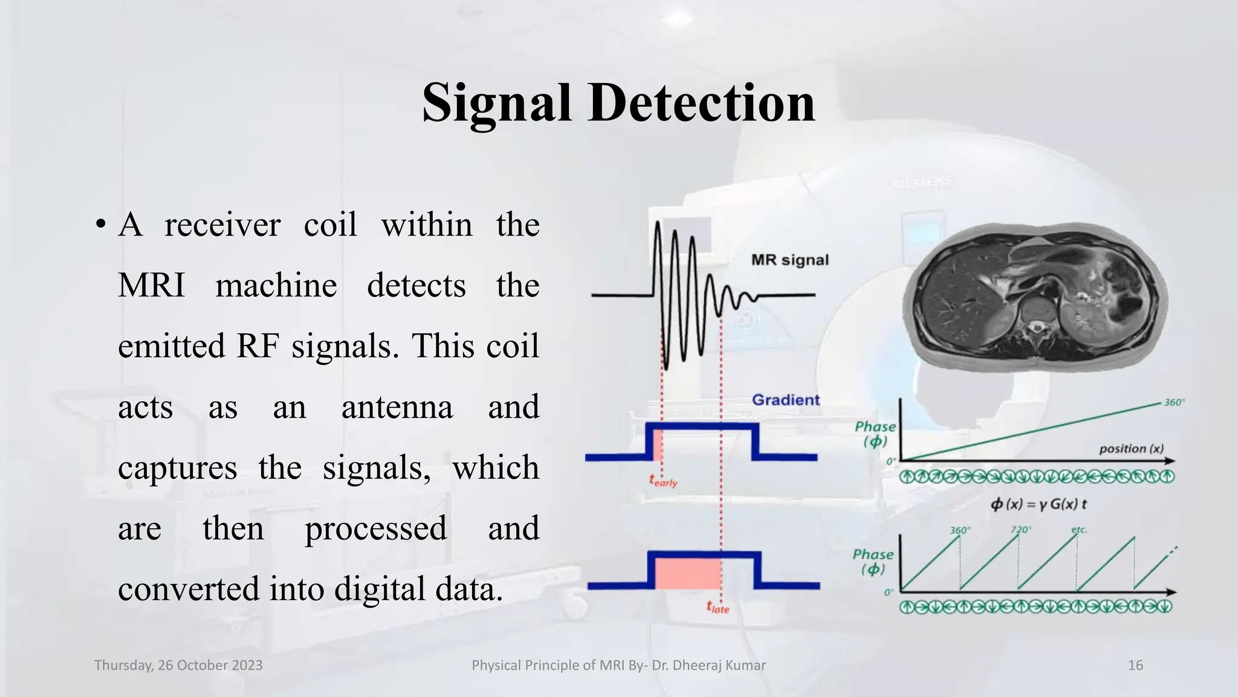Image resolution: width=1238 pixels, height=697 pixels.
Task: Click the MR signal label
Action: pyautogui.click(x=789, y=260)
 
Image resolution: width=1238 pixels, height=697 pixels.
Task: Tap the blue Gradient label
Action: pyautogui.click(x=785, y=400)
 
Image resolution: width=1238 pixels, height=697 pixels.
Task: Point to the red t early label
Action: pyautogui.click(x=663, y=482)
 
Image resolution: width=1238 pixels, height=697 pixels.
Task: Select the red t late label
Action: pyautogui.click(x=718, y=607)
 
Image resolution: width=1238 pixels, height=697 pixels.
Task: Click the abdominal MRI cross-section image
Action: pyautogui.click(x=1035, y=295)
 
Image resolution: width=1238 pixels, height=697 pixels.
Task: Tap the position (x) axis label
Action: pyautogui.click(x=1130, y=448)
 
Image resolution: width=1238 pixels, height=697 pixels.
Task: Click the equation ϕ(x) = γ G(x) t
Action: pyautogui.click(x=1039, y=504)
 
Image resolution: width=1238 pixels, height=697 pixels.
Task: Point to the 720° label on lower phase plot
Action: pyautogui.click(x=1020, y=529)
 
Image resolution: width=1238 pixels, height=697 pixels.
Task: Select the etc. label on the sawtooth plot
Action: pyautogui.click(x=1078, y=529)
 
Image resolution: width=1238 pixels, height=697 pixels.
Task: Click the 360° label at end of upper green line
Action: pyautogui.click(x=1174, y=402)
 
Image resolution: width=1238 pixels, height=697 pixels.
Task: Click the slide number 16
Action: pyautogui.click(x=1135, y=666)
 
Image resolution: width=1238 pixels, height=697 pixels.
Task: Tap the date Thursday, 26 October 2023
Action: pyautogui.click(x=178, y=666)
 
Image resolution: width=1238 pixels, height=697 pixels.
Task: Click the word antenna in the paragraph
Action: pyautogui.click(x=397, y=407)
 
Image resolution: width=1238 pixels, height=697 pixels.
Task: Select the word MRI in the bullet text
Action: pyautogui.click(x=151, y=286)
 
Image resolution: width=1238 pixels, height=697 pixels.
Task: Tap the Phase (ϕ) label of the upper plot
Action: pyautogui.click(x=875, y=434)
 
